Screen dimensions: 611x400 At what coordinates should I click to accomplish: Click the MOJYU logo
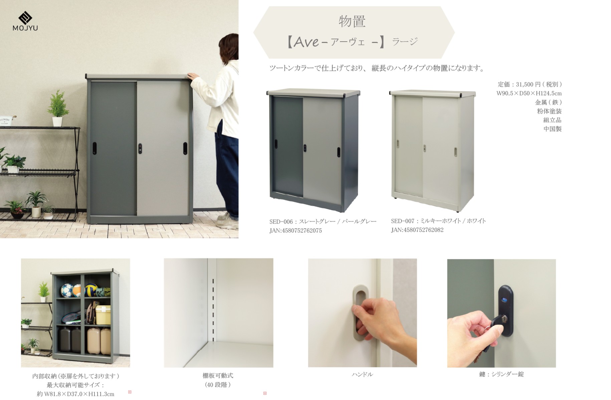click(25, 21)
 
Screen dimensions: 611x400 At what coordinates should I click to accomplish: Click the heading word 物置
click(352, 21)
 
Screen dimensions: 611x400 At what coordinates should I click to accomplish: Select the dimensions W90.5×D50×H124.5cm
click(529, 93)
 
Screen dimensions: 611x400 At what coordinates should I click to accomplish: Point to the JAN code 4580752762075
click(302, 231)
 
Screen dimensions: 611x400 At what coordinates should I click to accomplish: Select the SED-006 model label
click(281, 222)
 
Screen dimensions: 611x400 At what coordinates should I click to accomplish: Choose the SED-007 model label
click(403, 221)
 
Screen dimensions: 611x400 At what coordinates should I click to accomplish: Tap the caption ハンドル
click(362, 374)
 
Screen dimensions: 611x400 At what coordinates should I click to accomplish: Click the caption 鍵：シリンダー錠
click(501, 374)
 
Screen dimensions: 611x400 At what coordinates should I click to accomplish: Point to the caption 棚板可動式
click(218, 376)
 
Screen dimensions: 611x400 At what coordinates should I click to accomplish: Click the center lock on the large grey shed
click(140, 148)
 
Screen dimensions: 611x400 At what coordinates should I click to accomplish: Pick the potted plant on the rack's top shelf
click(58, 108)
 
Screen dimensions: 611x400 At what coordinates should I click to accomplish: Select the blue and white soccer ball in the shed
click(67, 290)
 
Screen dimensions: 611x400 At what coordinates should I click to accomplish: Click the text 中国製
click(553, 129)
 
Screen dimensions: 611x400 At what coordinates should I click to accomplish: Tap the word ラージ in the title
click(405, 42)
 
